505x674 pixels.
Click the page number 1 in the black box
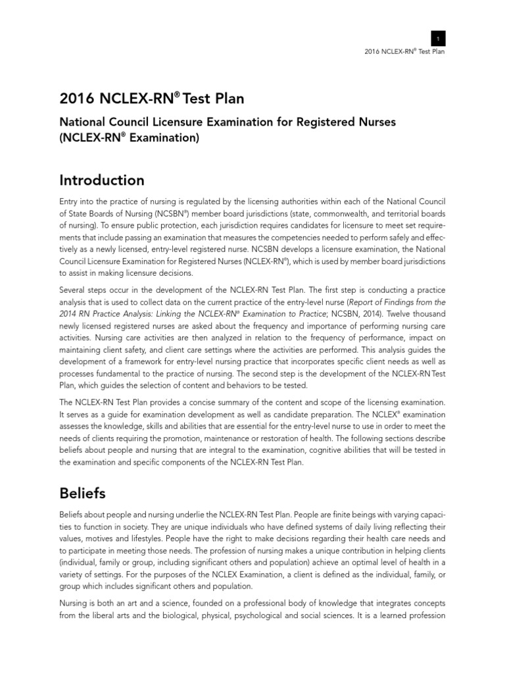pyautogui.click(x=438, y=38)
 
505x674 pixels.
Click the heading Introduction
pyautogui.click(x=102, y=180)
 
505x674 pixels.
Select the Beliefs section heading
pyautogui.click(x=82, y=492)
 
